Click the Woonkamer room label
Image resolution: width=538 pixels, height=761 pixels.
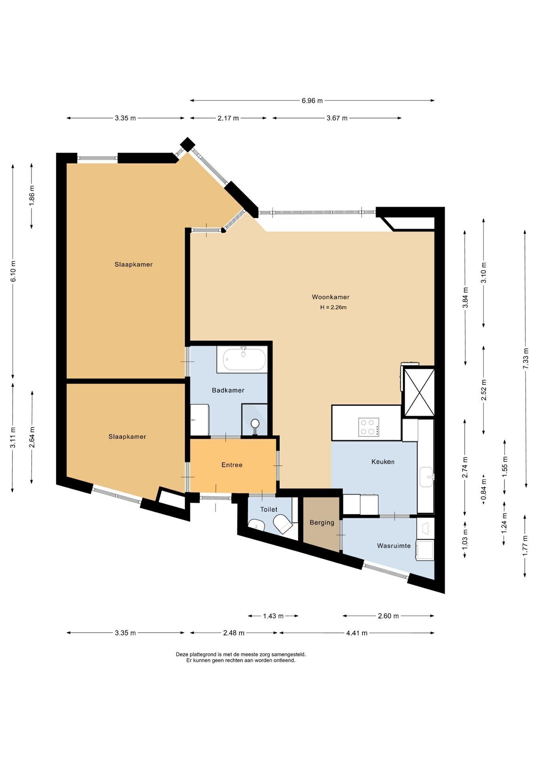point(330,297)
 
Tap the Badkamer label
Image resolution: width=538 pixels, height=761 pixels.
point(228,390)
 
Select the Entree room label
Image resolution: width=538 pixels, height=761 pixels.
point(232,465)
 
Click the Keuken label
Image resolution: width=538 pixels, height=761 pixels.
point(383,461)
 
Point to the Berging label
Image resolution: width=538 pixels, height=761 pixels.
point(322,522)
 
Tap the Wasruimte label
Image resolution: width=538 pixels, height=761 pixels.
point(394,545)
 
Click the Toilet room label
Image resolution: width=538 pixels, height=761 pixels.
point(269,509)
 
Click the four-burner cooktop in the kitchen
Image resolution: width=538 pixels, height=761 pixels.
point(368,427)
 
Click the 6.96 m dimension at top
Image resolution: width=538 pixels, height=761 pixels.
point(312,101)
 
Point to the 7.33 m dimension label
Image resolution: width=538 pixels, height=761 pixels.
point(525,358)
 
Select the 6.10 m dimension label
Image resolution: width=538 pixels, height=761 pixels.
point(13,271)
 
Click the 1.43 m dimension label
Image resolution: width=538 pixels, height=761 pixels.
point(273,616)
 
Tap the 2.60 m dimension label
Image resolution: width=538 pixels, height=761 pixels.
point(388,616)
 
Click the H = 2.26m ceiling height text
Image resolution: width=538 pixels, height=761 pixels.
point(333,307)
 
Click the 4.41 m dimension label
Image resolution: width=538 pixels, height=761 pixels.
point(357,633)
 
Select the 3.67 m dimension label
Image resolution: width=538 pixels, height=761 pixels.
point(337,118)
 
